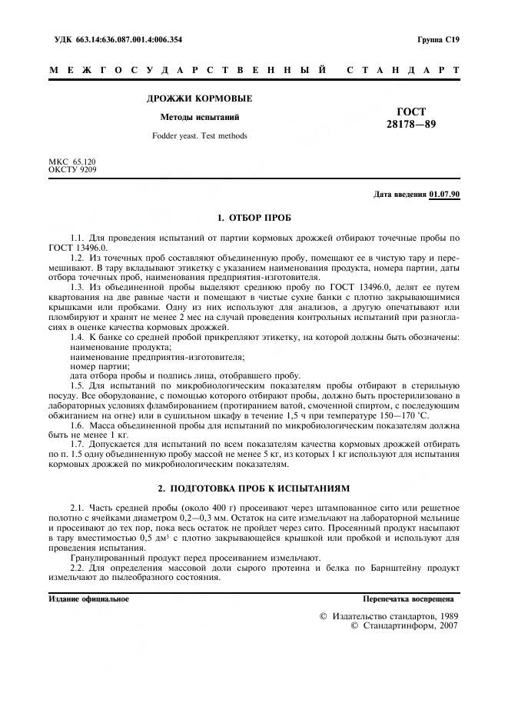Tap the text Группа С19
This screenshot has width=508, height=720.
[x=438, y=39]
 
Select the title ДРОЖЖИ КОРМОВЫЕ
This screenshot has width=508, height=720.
[x=199, y=98]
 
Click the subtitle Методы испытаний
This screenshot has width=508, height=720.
[x=199, y=118]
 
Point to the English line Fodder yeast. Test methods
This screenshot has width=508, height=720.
[x=199, y=136]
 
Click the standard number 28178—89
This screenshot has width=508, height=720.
[x=410, y=124]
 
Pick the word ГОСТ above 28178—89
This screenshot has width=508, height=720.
[x=411, y=112]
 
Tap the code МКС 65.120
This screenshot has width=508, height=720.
[x=73, y=162]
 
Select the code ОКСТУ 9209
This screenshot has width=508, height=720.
[x=73, y=168]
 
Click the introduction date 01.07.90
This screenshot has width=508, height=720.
[x=444, y=195]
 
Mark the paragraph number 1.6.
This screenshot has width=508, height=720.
[x=77, y=425]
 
